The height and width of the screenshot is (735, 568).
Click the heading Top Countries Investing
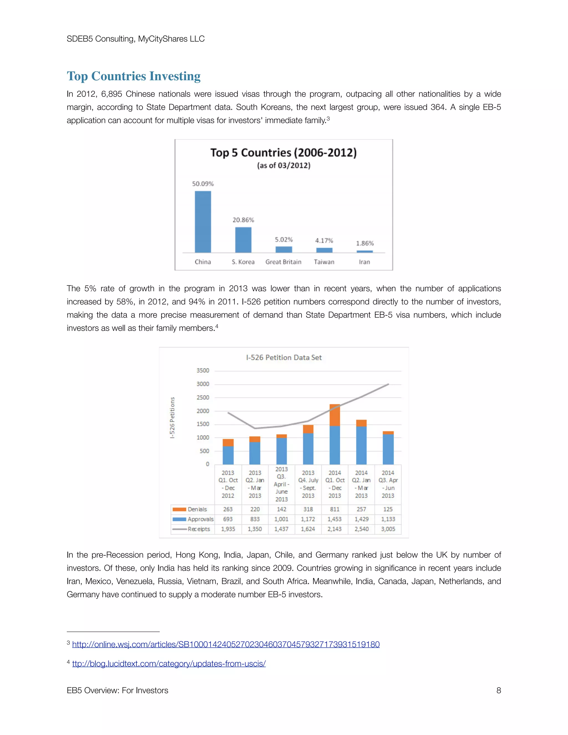[134, 76]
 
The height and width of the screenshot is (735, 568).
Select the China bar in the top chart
[203, 222]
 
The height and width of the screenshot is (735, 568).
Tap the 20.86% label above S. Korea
[243, 220]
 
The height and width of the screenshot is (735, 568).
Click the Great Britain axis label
[283, 262]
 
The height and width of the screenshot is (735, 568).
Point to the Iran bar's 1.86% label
[365, 243]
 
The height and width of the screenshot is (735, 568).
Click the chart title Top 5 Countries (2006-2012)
[283, 153]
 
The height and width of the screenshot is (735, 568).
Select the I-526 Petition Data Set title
[284, 358]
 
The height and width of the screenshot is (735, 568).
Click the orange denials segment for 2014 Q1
[334, 415]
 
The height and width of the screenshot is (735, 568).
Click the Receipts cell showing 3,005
[388, 529]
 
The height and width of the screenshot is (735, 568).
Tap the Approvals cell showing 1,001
[281, 519]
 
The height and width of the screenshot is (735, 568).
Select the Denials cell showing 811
[334, 509]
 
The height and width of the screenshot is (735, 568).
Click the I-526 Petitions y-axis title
[172, 418]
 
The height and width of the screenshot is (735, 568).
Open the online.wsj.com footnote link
[226, 645]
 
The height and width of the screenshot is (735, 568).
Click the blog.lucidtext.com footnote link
[169, 664]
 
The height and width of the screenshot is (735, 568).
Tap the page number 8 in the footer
[498, 691]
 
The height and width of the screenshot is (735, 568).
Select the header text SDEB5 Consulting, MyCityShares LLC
[136, 39]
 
